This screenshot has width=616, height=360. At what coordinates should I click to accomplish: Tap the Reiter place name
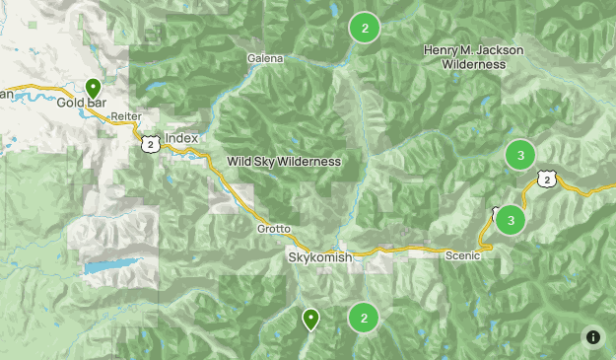pyautogui.click(x=126, y=116)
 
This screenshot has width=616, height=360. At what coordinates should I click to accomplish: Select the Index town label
pyautogui.click(x=181, y=139)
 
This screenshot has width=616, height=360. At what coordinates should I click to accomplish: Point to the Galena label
pyautogui.click(x=266, y=58)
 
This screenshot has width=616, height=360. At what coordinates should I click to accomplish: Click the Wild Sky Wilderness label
pyautogui.click(x=284, y=162)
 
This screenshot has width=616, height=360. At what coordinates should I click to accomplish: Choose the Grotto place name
pyautogui.click(x=275, y=229)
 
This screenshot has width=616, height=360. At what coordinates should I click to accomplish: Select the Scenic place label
pyautogui.click(x=461, y=255)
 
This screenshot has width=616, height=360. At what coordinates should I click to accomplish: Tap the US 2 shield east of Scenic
pyautogui.click(x=546, y=178)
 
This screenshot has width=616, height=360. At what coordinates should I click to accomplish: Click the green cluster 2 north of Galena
pyautogui.click(x=365, y=29)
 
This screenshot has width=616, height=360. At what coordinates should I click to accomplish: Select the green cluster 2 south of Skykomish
pyautogui.click(x=364, y=317)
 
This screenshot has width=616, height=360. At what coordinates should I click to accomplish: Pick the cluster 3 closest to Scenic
pyautogui.click(x=510, y=220)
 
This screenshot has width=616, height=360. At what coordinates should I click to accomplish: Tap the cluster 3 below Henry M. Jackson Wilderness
pyautogui.click(x=519, y=155)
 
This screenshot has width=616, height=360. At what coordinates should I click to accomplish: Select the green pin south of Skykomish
pyautogui.click(x=310, y=319)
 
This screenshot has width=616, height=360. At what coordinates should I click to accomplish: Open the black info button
pyautogui.click(x=593, y=337)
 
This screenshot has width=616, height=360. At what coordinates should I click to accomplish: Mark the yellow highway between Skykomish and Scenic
pyautogui.click(x=394, y=251)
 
